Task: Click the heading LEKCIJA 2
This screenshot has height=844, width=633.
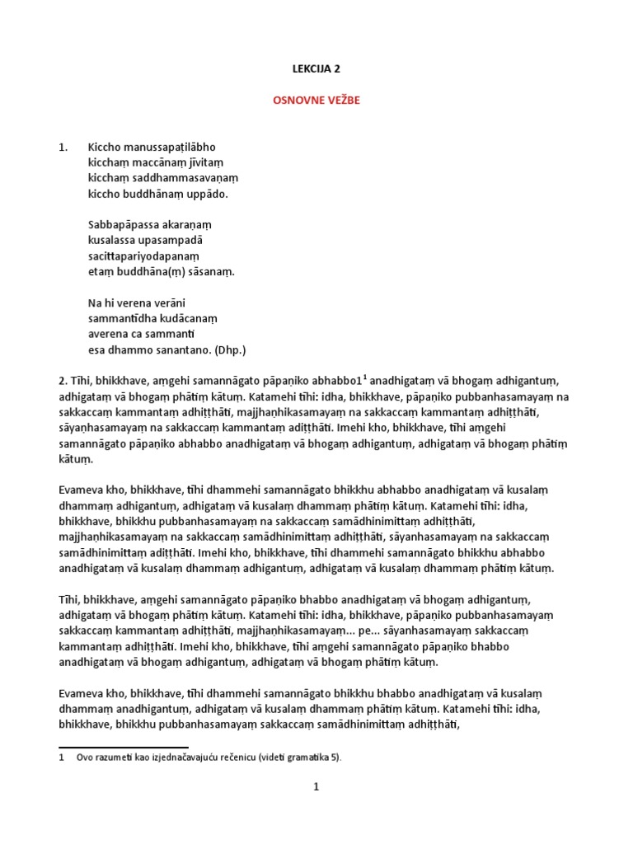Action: point(316,69)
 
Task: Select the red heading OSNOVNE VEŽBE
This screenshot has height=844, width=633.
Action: point(316,100)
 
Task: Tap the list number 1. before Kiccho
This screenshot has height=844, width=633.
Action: point(63,148)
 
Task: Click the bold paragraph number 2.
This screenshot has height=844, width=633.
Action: point(62,381)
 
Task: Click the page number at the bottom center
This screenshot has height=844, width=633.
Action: point(316,787)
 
